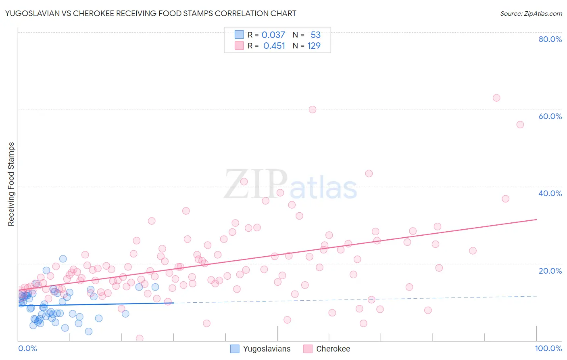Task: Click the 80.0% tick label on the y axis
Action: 550,39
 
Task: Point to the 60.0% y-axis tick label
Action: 550,116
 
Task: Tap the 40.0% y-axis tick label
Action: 550,193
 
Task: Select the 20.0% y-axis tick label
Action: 550,271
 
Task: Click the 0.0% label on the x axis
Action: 27,349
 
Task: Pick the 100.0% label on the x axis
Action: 548,349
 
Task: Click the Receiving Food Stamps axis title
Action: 11,184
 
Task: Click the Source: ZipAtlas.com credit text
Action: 531,14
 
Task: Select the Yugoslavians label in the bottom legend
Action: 267,349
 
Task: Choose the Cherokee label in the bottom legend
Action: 333,349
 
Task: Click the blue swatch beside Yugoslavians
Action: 235,349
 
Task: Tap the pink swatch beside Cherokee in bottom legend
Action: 308,349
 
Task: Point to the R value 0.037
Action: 273,35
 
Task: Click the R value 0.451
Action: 274,46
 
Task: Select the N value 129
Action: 314,46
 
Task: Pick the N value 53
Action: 315,35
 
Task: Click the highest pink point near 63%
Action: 496,98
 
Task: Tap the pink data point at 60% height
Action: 312,109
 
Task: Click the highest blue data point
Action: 63,259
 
